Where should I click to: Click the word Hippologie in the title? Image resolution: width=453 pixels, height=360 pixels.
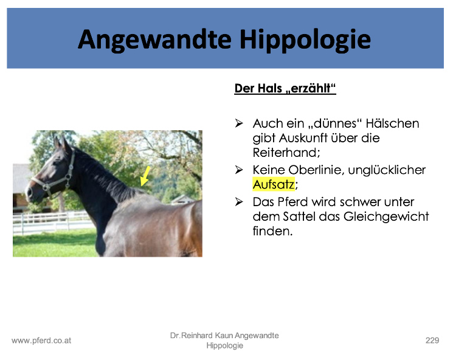tap(305, 41)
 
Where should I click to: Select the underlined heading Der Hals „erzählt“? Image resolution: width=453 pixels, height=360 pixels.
tap(285, 88)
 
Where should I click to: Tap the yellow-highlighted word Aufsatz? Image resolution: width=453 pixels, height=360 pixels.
tap(274, 184)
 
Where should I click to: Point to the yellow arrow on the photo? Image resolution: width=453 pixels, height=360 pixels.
tap(145, 176)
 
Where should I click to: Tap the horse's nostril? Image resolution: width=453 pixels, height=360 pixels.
tap(29, 192)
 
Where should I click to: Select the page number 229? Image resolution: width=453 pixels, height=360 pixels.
tap(432, 341)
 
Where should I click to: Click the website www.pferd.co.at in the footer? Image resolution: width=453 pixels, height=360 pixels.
tap(41, 341)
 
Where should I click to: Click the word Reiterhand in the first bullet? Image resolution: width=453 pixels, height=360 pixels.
tap(286, 153)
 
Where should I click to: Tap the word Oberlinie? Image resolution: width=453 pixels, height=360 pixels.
tap(316, 170)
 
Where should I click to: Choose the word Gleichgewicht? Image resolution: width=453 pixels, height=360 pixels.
tap(386, 216)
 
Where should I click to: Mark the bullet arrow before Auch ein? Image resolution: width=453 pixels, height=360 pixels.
tap(239, 123)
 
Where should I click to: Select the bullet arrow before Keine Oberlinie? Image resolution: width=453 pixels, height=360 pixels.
tap(239, 170)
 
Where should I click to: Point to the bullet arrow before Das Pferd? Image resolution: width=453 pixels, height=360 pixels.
tap(239, 202)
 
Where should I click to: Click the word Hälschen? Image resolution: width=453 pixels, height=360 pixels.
tap(392, 123)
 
